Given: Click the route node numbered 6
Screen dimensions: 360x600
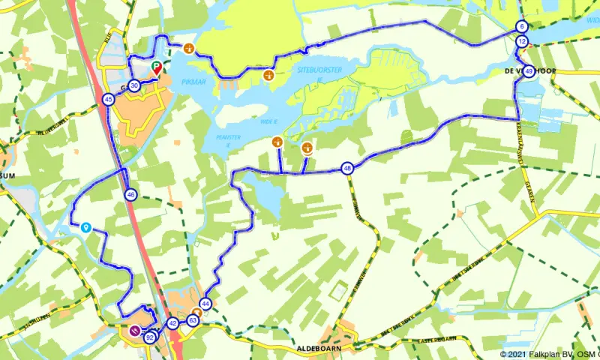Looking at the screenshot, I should pos(521,27).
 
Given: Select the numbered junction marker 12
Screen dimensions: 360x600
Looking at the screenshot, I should pos(522,41).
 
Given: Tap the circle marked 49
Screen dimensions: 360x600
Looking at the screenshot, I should pos(529,71).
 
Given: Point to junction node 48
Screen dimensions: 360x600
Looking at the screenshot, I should pos(346,168).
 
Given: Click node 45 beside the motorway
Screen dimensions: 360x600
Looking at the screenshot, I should pos(109,99).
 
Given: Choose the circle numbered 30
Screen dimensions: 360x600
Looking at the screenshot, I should pos(133,85).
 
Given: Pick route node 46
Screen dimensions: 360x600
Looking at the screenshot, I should pos(130,195).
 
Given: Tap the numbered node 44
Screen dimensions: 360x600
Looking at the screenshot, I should pos(205,303).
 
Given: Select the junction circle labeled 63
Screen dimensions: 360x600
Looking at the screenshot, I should pos(193,321).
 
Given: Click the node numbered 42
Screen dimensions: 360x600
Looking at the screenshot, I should pos(172,323).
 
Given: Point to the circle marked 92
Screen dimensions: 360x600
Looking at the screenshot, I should pos(150,337).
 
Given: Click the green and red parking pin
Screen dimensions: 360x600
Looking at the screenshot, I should pos(157,69).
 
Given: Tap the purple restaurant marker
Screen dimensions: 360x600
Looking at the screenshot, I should pos(135,331).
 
